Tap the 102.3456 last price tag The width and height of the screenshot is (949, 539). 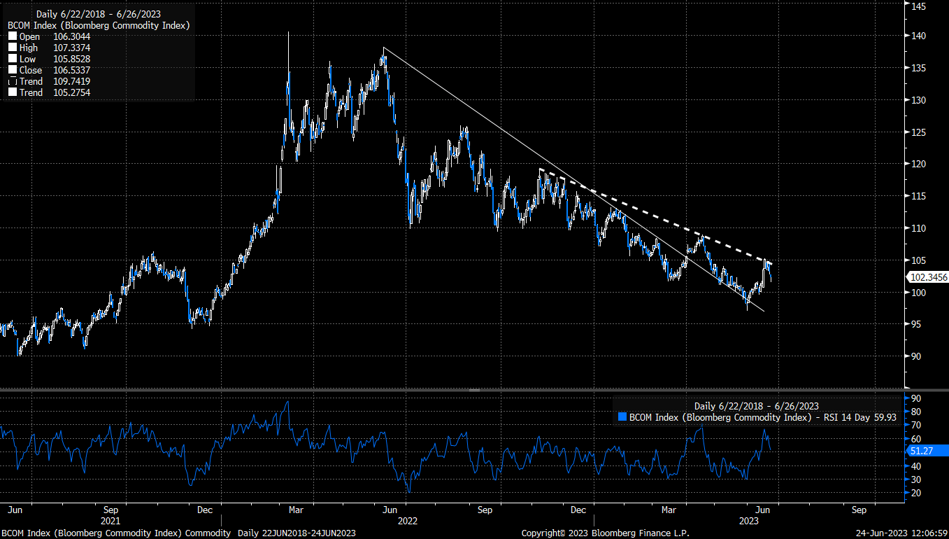(x=929, y=277)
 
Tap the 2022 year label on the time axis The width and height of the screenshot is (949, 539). (x=408, y=521)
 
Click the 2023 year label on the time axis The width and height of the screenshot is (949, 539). (x=749, y=521)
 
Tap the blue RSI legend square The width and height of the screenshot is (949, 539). (x=622, y=417)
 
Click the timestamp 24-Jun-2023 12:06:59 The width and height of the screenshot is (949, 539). (x=901, y=533)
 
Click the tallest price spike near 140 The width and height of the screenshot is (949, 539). (x=288, y=34)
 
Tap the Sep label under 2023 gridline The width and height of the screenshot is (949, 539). (x=859, y=510)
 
